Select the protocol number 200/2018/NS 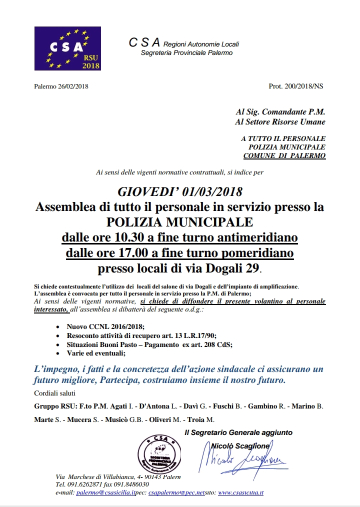[x=302, y=86]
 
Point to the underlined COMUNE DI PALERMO [x=284, y=156]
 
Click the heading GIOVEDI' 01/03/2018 [x=179, y=191]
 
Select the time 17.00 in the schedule [x=131, y=253]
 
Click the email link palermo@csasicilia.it [x=105, y=492]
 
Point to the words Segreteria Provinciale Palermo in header [x=186, y=52]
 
